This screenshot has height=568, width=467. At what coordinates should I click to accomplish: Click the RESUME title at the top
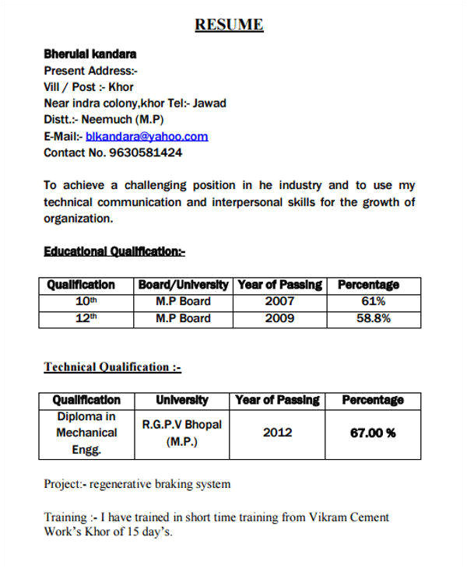pyautogui.click(x=229, y=25)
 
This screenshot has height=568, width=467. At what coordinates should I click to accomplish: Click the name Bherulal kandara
pyautogui.click(x=90, y=54)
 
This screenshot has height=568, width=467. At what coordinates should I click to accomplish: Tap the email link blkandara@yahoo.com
pyautogui.click(x=147, y=136)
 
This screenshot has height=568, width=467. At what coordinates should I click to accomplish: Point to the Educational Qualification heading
pyautogui.click(x=114, y=251)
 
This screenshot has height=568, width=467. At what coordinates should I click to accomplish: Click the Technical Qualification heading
pyautogui.click(x=112, y=366)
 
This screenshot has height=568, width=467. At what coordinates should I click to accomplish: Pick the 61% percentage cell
pyautogui.click(x=373, y=301)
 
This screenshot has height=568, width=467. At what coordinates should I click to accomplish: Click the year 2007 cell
pyautogui.click(x=279, y=301)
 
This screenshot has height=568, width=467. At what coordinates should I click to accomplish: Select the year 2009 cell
pyautogui.click(x=279, y=318)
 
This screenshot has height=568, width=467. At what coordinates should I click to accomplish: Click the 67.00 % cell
pyautogui.click(x=373, y=433)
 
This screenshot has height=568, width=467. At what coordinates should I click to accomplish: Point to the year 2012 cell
pyautogui.click(x=277, y=433)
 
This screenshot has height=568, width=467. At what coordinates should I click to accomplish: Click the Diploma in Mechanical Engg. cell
pyautogui.click(x=86, y=433)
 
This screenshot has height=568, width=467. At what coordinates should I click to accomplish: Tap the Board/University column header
pyautogui.click(x=184, y=285)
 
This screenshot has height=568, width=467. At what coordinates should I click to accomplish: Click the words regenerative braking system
pyautogui.click(x=160, y=484)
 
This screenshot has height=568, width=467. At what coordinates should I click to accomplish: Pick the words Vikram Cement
pyautogui.click(x=351, y=517)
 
